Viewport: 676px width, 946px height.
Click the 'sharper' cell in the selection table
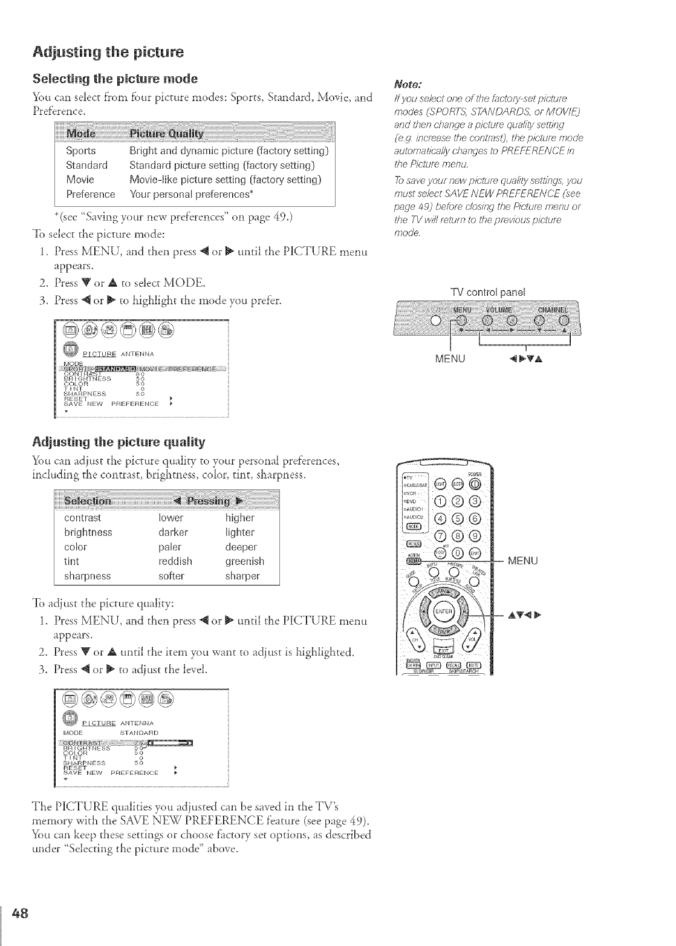[242, 576]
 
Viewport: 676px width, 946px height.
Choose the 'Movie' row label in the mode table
[80, 180]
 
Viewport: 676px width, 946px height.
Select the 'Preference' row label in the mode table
[90, 194]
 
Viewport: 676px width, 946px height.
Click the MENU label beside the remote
[523, 561]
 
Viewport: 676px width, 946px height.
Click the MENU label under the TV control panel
[451, 359]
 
